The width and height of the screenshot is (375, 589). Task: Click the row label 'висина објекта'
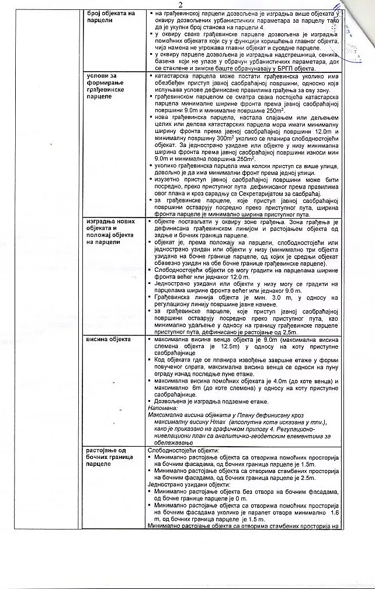coord(109,339)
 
